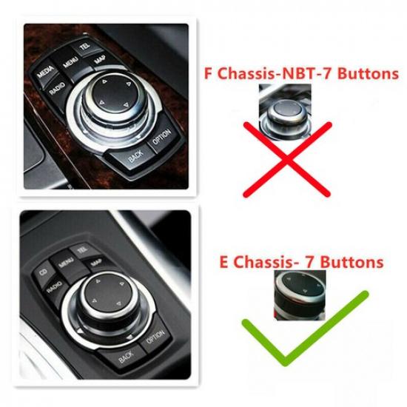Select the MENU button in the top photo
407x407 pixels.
tap(71, 61)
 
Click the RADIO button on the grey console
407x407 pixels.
tap(53, 288)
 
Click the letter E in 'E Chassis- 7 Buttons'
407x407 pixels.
tap(226, 263)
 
